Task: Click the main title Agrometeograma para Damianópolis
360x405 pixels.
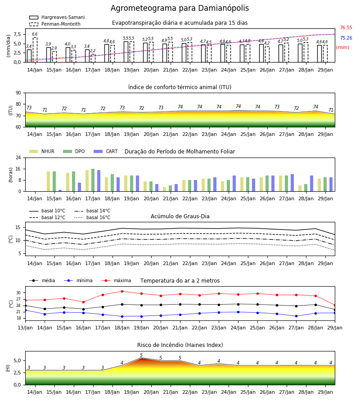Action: point(180,8)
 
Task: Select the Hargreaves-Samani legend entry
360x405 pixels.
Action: point(57,17)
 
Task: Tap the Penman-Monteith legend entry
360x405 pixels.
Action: point(55,24)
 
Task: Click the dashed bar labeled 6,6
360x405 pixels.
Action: point(35,50)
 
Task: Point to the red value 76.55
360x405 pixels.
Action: point(346,27)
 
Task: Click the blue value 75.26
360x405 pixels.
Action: point(346,38)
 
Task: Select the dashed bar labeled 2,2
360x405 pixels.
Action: point(93,58)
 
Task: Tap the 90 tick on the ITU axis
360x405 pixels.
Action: point(18,93)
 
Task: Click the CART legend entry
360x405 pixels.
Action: point(106,151)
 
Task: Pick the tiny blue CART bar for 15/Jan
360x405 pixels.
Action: point(60,191)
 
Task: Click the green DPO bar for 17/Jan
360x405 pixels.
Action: point(93,180)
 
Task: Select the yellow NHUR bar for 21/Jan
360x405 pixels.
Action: point(165,189)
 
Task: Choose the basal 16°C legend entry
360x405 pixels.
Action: point(92,217)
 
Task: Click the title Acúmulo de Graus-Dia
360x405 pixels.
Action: point(180,216)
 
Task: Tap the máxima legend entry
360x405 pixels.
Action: point(116,280)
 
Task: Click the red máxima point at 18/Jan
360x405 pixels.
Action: point(122,291)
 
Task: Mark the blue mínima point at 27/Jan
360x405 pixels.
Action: point(296,316)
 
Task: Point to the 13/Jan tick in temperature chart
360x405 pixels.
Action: point(25,328)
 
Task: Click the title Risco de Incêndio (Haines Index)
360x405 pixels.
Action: point(180,345)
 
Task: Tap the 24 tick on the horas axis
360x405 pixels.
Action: point(18,157)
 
